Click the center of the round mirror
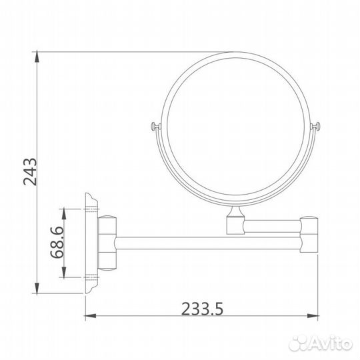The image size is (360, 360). click(x=237, y=127)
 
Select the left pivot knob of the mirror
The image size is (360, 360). click(x=155, y=127)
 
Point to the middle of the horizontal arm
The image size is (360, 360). click(x=207, y=238)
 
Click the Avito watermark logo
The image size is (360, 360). click(x=319, y=343)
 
